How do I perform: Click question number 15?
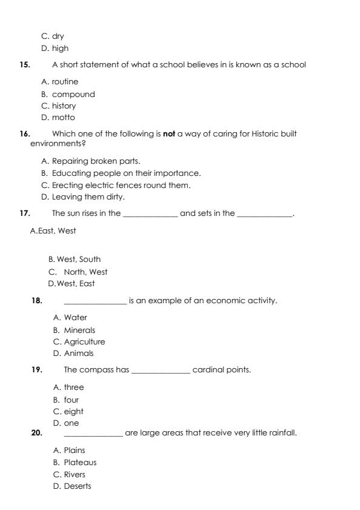pyautogui.click(x=24, y=65)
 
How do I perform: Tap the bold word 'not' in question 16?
pyautogui.click(x=168, y=133)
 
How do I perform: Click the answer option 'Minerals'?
pyautogui.click(x=79, y=330)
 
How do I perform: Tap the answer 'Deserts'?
pyautogui.click(x=77, y=486)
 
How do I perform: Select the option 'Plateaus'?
pyautogui.click(x=80, y=462)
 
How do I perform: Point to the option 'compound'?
pyautogui.click(x=73, y=94)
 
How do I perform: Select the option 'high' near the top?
pyautogui.click(x=60, y=48)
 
